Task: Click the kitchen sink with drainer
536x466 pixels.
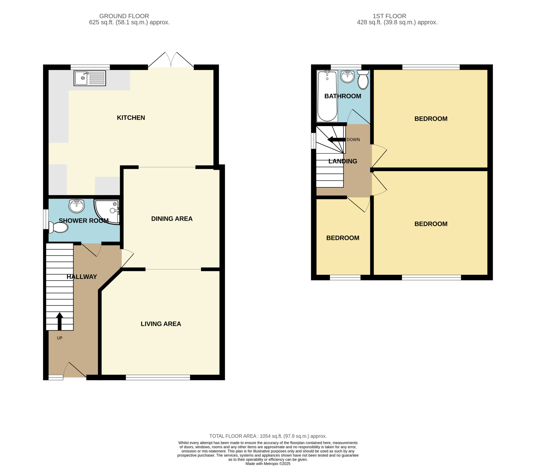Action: click(x=90, y=78)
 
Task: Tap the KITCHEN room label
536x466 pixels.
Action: click(x=131, y=118)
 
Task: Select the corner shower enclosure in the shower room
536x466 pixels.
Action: click(x=107, y=212)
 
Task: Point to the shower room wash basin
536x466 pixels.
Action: click(x=76, y=206)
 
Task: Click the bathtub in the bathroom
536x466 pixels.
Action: click(x=327, y=96)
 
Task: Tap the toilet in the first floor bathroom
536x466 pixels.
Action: click(x=363, y=80)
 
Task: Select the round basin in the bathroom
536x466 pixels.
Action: click(x=347, y=76)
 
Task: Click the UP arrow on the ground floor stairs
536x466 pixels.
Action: click(x=60, y=321)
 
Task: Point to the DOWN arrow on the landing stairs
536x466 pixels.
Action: click(x=336, y=140)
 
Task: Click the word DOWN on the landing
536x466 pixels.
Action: click(x=353, y=140)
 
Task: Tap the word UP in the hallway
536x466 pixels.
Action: click(x=60, y=338)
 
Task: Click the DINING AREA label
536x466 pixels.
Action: click(x=172, y=219)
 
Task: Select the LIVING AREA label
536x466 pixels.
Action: click(x=161, y=324)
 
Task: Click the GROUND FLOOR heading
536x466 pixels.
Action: click(x=124, y=16)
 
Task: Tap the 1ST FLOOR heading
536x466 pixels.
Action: click(x=389, y=16)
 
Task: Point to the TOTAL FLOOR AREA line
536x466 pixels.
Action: click(x=268, y=436)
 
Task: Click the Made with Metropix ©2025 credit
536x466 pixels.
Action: click(x=268, y=463)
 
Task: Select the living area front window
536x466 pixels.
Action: click(x=158, y=377)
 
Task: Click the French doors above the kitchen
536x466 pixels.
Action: click(x=171, y=60)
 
